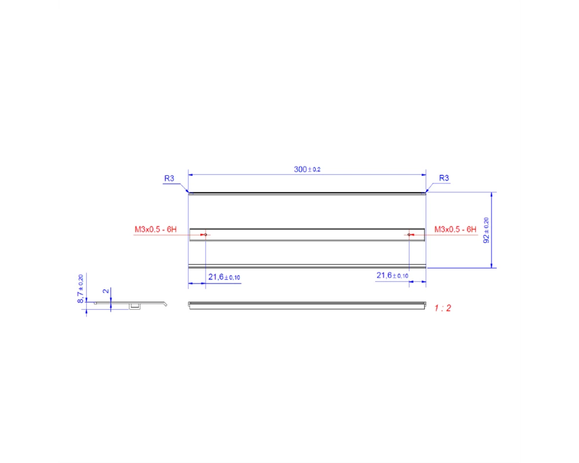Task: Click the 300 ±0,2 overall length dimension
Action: click(307, 170)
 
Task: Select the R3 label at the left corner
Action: click(169, 178)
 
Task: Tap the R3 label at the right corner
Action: click(444, 178)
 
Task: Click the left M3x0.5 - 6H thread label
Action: click(155, 229)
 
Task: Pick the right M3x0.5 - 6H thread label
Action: click(455, 229)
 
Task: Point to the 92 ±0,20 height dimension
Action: click(486, 230)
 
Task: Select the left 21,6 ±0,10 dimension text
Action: click(224, 277)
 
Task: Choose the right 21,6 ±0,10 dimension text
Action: click(392, 275)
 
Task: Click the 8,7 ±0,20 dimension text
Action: click(80, 289)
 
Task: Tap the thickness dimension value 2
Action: click(106, 291)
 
